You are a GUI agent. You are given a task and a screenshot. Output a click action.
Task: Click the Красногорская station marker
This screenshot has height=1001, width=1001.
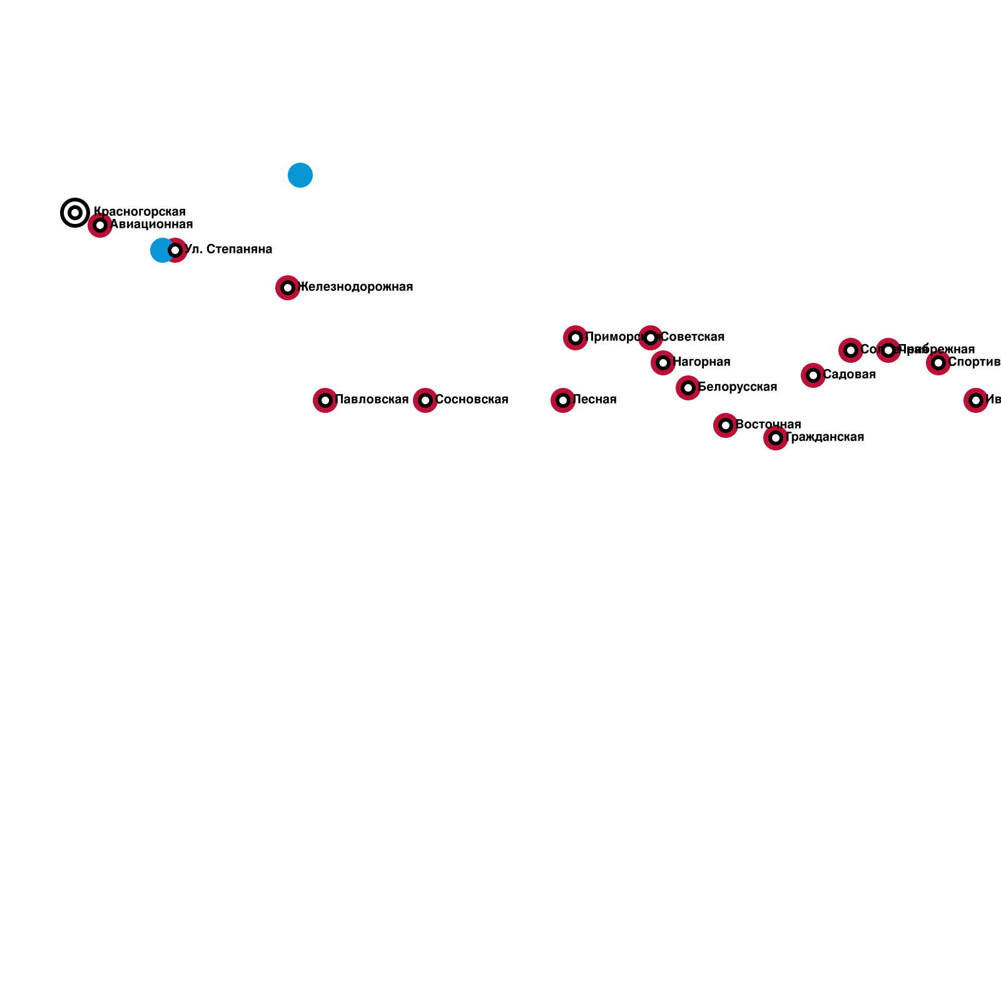pos(75,213)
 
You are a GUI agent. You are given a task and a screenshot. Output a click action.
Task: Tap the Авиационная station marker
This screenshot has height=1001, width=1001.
pos(100,225)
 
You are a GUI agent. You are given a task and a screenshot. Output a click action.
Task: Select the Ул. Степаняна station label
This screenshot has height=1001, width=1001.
pos(229,250)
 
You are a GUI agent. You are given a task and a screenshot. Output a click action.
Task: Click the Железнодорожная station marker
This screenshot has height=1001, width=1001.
pos(288,288)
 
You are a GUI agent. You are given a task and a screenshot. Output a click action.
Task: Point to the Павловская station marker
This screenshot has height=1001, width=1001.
pos(325,400)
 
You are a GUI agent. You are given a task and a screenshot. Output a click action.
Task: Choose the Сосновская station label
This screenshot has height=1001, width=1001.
pos(472,400)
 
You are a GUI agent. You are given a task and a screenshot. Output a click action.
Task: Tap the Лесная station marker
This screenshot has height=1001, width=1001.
pos(563,400)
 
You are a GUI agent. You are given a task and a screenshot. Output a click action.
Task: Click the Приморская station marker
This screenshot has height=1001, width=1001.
pos(576,338)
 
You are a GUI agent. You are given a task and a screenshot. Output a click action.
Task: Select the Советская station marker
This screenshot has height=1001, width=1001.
pos(651,338)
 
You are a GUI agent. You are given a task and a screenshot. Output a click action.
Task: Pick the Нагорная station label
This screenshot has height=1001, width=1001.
pos(702,362)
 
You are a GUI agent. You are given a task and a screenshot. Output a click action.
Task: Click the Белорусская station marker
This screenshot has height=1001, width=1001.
pos(688,388)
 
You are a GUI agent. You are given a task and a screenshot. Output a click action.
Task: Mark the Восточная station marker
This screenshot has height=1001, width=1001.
pos(726,425)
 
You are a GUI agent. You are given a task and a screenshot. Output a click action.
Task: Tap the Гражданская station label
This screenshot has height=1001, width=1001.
pos(825,437)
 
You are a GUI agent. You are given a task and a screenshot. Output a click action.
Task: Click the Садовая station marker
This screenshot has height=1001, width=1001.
pos(813,375)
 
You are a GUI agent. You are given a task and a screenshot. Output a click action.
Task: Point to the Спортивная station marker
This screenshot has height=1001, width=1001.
pos(938,363)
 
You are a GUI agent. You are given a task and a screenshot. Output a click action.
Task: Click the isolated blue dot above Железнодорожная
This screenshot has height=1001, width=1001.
pos(300,175)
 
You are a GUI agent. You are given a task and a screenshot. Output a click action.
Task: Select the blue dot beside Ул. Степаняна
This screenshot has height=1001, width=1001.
pos(160,250)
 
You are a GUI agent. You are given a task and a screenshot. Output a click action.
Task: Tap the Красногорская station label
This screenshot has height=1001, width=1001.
pos(140,212)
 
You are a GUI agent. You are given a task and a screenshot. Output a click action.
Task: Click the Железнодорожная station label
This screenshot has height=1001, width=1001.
pos(357,287)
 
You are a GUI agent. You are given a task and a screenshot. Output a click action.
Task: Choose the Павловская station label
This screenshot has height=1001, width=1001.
pos(372,400)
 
